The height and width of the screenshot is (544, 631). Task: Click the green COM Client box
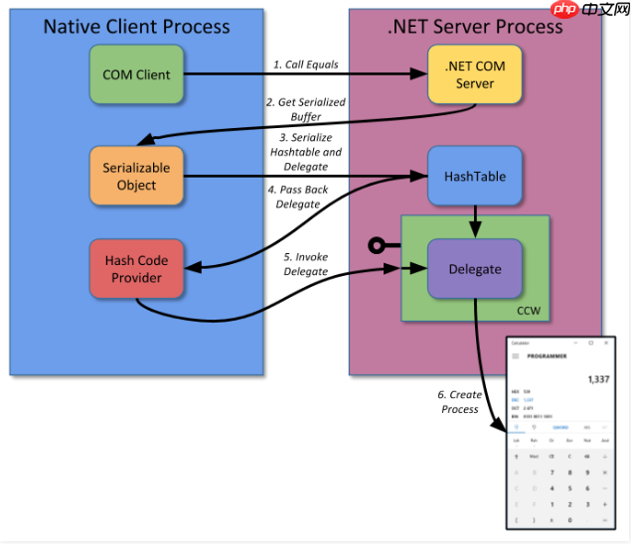coord(136,74)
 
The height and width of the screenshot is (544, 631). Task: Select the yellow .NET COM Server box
coord(474,74)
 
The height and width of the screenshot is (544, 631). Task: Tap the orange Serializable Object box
coord(136,177)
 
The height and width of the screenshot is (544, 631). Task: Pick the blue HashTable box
coord(474,177)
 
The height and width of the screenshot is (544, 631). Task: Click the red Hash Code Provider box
coord(136,269)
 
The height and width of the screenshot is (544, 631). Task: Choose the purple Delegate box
coord(474,269)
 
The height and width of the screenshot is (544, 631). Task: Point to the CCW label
coord(529,311)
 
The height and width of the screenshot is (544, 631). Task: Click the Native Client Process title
coord(136,26)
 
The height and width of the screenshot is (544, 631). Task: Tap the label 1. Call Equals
coord(305,65)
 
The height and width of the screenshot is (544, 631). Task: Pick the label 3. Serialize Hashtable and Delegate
coord(305,152)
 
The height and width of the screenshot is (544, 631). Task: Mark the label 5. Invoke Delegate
coord(306,264)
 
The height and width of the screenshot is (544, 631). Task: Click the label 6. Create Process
coord(458,402)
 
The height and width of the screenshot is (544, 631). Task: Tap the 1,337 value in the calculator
coord(597,379)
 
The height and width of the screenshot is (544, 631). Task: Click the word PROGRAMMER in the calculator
coord(548,355)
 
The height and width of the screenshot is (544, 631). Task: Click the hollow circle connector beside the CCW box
coord(377,245)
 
